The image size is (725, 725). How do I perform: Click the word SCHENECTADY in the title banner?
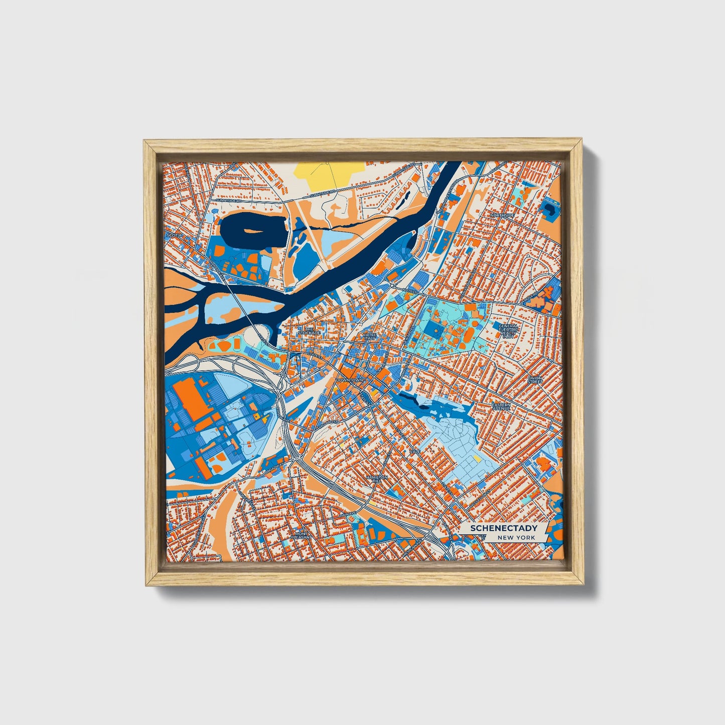click(503, 528)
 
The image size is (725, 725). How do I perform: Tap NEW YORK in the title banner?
click(516, 537)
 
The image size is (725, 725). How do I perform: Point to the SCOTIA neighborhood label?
click(174, 234)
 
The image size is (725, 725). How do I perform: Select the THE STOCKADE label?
click(309, 331)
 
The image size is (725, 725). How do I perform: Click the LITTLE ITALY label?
click(370, 336)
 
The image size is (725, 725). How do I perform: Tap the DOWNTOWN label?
click(349, 380)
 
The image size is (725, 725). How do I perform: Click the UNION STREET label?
click(535, 380)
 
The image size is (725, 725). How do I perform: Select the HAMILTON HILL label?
click(377, 479)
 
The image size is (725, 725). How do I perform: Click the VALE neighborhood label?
click(415, 452)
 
